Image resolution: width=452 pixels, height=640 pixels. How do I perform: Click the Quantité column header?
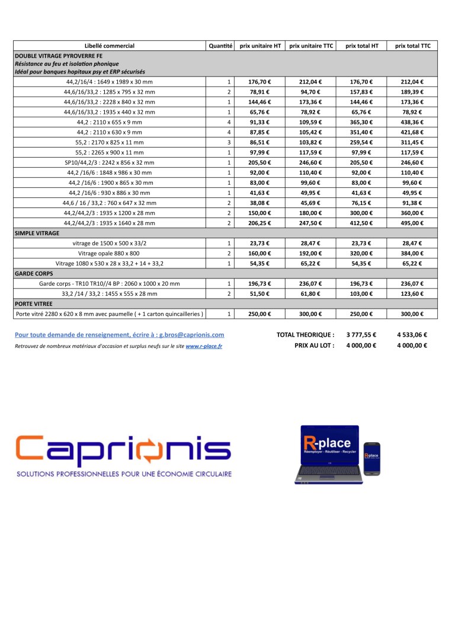click(x=220, y=46)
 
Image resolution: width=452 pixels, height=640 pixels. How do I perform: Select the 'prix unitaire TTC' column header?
click(x=311, y=46)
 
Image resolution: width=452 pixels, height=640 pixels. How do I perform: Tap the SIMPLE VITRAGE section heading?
click(x=37, y=233)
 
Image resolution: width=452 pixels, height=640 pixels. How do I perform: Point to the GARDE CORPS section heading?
click(x=34, y=274)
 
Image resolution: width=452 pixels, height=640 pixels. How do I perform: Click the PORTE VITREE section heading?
click(x=34, y=303)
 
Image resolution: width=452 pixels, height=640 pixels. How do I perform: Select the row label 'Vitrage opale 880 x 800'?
click(x=109, y=254)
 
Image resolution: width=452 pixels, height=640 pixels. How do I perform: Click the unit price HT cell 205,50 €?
click(x=259, y=162)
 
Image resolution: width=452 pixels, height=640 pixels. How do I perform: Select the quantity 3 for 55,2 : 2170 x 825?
click(x=229, y=142)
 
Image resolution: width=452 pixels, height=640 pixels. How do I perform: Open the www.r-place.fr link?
click(x=204, y=346)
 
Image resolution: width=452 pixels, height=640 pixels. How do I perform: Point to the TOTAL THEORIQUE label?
click(x=305, y=335)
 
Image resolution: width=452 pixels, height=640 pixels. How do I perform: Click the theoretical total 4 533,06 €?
click(x=412, y=335)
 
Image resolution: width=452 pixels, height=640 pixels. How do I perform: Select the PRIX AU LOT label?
click(x=314, y=345)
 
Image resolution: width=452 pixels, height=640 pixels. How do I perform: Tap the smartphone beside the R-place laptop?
click(x=371, y=458)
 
